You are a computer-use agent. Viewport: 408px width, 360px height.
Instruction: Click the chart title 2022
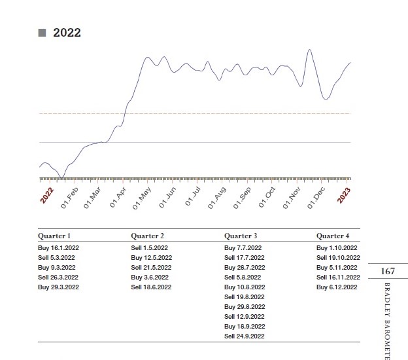point(67,33)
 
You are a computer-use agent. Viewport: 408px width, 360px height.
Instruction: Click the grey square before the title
point(42,33)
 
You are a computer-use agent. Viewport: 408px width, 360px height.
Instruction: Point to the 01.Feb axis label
point(69,196)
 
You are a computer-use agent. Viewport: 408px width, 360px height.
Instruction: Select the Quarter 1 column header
point(54,236)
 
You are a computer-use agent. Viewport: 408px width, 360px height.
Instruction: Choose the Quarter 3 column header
point(241,236)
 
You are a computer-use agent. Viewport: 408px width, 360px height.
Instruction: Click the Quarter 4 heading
point(333,236)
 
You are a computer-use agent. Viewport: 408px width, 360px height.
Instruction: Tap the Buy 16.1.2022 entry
point(58,248)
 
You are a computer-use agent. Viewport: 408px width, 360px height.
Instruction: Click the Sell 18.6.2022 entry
point(151,287)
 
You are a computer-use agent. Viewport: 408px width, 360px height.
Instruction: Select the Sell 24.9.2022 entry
point(245,336)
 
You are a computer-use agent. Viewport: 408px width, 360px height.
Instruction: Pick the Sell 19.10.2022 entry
point(338,258)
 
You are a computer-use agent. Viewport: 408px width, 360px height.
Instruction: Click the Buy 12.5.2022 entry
point(151,258)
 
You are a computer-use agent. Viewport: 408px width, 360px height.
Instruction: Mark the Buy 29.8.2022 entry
point(245,306)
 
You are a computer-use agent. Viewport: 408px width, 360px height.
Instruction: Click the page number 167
point(388,271)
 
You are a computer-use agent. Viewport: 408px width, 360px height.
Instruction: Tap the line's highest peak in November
point(309,50)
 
